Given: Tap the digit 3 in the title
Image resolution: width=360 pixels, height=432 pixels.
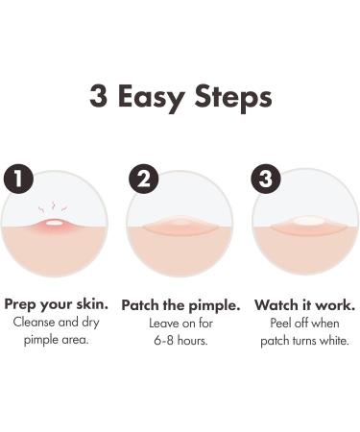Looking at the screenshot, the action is (x=98, y=95).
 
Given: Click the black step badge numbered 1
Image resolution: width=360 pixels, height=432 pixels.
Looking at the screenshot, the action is (x=18, y=179).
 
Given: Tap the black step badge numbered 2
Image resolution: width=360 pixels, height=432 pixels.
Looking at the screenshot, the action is (x=144, y=179).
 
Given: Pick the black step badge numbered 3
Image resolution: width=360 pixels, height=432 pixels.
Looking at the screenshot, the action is (x=266, y=179).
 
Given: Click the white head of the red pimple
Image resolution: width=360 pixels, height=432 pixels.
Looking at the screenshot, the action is (x=54, y=223).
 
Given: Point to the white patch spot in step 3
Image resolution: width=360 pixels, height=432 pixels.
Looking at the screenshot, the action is (x=307, y=221).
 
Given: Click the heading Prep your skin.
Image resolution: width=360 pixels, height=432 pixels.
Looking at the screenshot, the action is (x=56, y=304).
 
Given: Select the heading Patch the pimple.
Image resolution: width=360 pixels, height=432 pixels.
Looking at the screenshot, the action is (x=180, y=305).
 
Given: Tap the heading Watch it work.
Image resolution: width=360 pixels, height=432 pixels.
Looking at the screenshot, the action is (x=305, y=305).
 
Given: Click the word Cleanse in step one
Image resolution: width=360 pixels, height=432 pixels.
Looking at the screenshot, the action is (x=34, y=322).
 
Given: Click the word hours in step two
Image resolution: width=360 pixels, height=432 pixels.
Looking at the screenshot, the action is (x=193, y=340).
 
